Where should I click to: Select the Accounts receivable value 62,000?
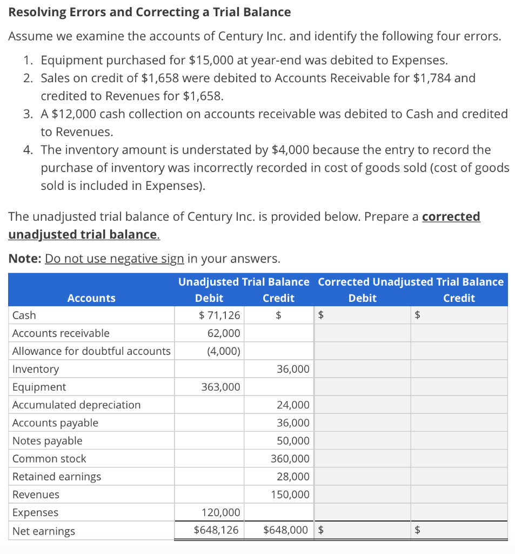[224, 333]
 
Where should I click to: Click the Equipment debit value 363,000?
[220, 387]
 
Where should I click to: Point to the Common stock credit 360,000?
[290, 459]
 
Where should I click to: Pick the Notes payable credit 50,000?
[293, 441]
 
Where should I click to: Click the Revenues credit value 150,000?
[290, 494]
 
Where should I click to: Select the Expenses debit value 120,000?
[220, 512]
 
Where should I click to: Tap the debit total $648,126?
[216, 530]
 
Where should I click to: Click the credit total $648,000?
[286, 530]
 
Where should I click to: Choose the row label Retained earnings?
[57, 477]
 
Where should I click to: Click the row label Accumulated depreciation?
[76, 405]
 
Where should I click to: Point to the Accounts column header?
[91, 298]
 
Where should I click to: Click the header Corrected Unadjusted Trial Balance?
[411, 282]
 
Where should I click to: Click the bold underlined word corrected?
[451, 216]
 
